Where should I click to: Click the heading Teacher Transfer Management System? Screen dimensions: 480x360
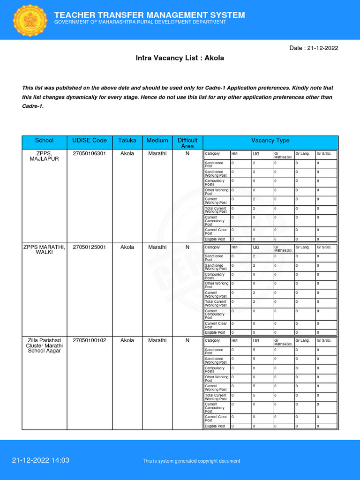coord(150,15)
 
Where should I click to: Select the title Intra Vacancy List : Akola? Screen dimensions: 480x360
coord(180,58)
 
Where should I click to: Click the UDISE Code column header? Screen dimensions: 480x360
coord(90,140)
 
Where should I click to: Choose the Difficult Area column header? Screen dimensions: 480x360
coord(187,143)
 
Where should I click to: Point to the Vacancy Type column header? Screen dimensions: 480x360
coord(270,140)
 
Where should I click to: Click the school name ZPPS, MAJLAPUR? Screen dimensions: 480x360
coord(45,156)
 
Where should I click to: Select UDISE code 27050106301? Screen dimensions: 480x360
coord(90,153)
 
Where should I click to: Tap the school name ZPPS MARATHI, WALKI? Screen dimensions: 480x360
coord(45,250)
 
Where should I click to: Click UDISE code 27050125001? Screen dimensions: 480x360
coord(90,247)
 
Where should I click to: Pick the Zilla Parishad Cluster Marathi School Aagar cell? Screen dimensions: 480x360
coord(45,345)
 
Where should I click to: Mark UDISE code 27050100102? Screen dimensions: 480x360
coord(90,340)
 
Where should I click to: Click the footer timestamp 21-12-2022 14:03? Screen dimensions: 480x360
coord(41,460)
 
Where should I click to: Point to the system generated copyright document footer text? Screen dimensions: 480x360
coord(191,461)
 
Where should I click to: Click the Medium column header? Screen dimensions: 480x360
coord(157,140)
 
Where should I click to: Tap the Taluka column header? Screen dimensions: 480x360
coord(127,140)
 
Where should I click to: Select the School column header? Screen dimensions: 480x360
coord(45,140)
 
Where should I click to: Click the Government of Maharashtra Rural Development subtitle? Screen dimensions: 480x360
coord(140,22)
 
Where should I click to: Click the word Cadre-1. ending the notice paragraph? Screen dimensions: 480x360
coord(33,106)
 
